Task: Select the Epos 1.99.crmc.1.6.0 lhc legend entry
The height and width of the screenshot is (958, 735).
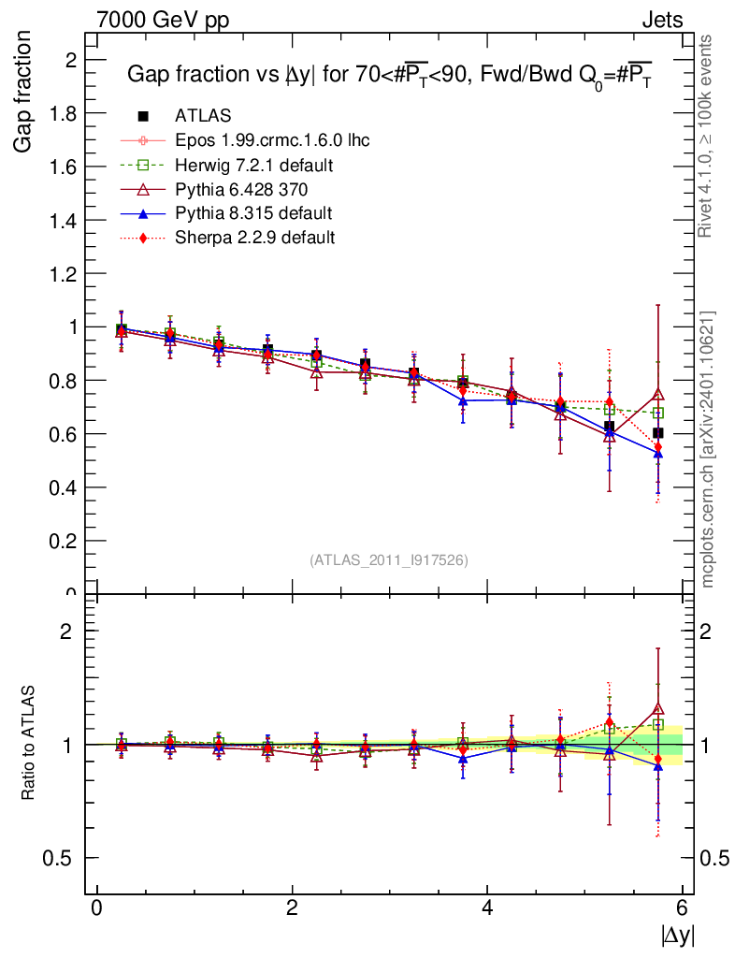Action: point(272,140)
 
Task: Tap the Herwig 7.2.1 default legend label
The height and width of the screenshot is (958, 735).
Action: point(254,165)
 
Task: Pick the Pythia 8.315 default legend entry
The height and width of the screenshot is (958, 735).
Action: point(253,213)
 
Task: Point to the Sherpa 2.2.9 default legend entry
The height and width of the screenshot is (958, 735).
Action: point(254,238)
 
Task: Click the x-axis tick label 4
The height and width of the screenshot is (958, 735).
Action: point(487,908)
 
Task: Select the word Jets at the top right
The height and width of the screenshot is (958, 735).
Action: point(662,20)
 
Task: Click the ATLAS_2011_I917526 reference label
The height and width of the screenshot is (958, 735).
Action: point(389,559)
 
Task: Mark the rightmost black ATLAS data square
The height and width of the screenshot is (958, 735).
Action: point(658,433)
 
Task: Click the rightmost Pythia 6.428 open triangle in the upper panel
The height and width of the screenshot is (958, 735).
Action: point(658,395)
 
